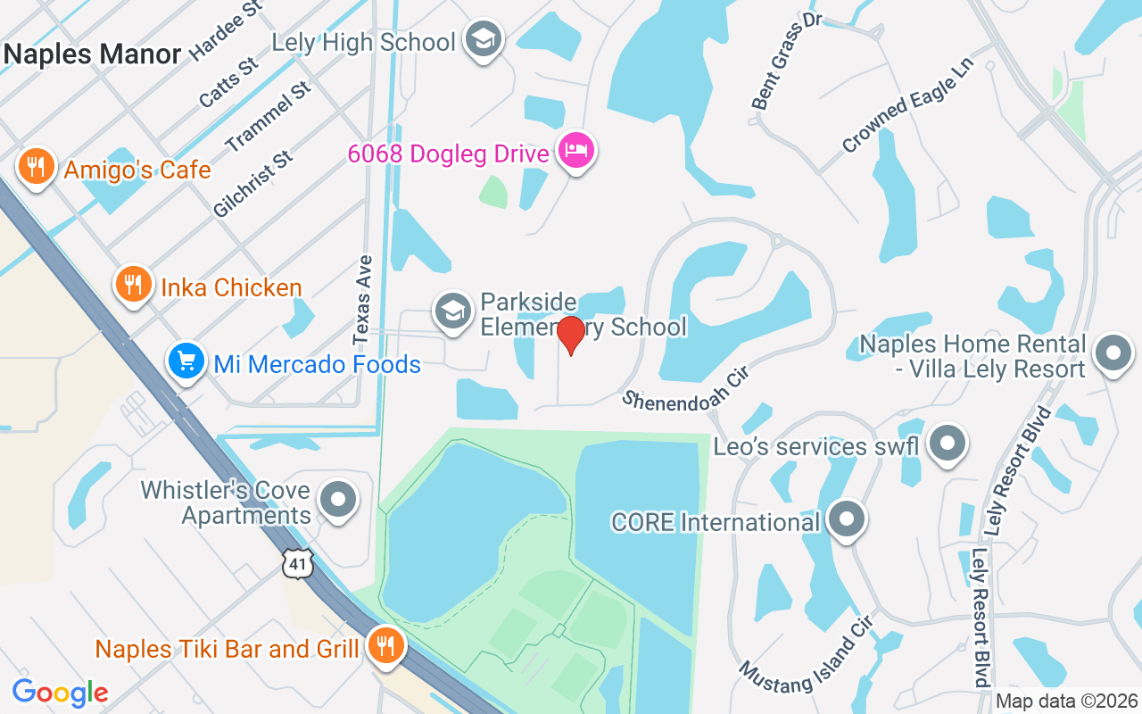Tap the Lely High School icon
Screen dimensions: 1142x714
coord(484,39)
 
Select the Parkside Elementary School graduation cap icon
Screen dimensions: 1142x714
coord(452,311)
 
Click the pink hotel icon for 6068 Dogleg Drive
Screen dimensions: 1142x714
coord(575,151)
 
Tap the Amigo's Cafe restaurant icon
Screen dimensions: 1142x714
coord(36,167)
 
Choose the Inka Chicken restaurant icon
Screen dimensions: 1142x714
coord(133,286)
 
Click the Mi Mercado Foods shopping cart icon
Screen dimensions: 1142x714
coord(186,361)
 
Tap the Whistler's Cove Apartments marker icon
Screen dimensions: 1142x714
coord(338,501)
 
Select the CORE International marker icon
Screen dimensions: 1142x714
coord(846,519)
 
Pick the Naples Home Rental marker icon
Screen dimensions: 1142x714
coord(1113,353)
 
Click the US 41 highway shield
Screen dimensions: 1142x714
coord(298,564)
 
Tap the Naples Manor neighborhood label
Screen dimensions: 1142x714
coord(92,54)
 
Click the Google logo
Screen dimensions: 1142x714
coord(60,693)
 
